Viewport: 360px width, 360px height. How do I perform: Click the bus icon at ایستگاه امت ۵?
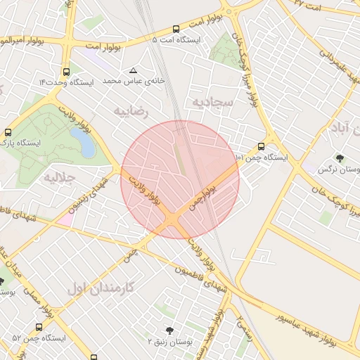(176, 30)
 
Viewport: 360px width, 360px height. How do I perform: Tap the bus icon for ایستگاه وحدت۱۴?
(66, 72)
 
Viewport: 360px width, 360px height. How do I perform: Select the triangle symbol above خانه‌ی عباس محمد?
(134, 70)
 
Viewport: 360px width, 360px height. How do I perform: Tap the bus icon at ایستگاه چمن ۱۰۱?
(261, 146)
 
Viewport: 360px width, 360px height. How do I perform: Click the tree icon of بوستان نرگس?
(340, 159)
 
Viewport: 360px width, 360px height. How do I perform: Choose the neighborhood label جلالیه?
(59, 176)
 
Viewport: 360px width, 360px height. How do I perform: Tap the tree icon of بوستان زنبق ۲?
(169, 330)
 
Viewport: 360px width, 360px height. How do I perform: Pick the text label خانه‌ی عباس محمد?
(134, 82)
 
